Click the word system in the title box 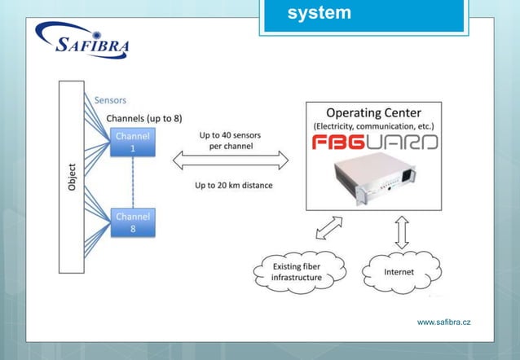319,13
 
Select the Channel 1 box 132,143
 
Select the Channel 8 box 132,223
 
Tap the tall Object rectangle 71,175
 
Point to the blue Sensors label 111,100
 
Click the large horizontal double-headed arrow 231,161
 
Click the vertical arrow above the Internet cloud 401,232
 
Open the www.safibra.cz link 443,323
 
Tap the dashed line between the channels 132,183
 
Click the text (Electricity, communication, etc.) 373,126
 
